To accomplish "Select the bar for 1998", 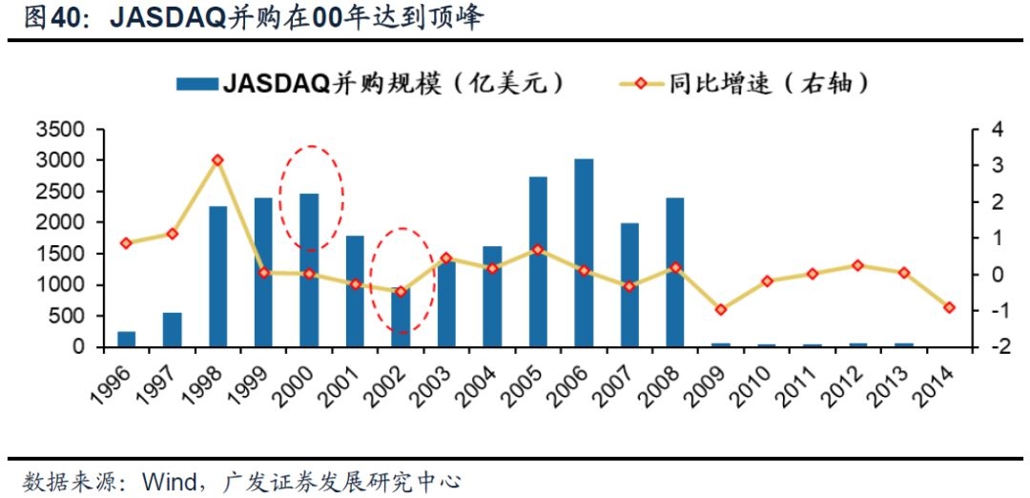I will pos(217,277).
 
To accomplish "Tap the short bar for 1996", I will pos(126,339).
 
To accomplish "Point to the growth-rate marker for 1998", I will pos(217,160).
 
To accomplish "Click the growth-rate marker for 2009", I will pos(721,309).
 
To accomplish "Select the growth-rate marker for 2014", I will pos(949,307).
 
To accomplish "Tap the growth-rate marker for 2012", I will pos(858,265).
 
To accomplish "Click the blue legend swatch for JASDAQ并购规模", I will pos(197,84).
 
